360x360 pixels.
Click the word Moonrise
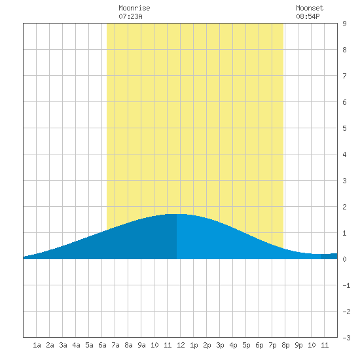tap(134, 8)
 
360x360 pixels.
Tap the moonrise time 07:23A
tap(130, 16)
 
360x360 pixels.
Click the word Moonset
tap(310, 8)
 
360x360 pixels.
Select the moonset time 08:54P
tap(308, 16)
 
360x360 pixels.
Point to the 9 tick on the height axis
tap(344, 24)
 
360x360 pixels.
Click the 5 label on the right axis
tap(344, 128)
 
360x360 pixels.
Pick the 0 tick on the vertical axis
tap(344, 259)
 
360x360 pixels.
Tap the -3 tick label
tap(346, 338)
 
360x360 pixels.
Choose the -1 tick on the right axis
tap(346, 285)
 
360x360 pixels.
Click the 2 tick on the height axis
tap(344, 207)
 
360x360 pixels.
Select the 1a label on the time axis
tap(37, 345)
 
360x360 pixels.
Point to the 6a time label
tap(102, 345)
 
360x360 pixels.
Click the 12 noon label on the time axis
tap(181, 345)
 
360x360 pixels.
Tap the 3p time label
tap(220, 345)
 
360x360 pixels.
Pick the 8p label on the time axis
tap(285, 345)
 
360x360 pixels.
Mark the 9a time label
tap(141, 345)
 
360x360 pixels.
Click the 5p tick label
tap(246, 345)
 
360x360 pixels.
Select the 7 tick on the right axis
tap(344, 76)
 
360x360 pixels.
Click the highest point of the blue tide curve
tap(177, 214)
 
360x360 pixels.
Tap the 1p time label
tap(194, 345)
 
